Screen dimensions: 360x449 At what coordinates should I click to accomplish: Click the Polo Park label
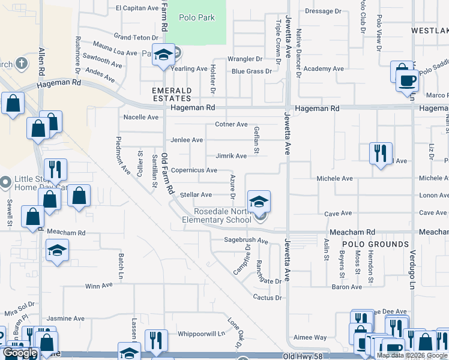(197, 17)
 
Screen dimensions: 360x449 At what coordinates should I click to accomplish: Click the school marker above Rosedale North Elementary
(259, 201)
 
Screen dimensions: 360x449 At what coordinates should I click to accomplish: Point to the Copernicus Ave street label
(194, 170)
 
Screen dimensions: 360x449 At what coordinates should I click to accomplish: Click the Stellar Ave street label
(196, 194)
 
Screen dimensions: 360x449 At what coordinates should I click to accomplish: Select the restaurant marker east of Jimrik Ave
(381, 154)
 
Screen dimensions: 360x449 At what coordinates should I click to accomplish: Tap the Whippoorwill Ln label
(200, 334)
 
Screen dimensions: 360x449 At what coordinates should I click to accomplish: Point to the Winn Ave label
(100, 286)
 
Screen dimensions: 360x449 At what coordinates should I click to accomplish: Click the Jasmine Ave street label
(65, 319)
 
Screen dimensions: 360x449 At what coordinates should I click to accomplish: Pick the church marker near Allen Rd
(20, 63)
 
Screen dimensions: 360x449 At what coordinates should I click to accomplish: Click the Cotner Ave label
(231, 124)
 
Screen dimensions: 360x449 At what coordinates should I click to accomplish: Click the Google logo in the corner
(20, 353)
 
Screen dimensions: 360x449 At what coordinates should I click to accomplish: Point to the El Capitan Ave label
(135, 8)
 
